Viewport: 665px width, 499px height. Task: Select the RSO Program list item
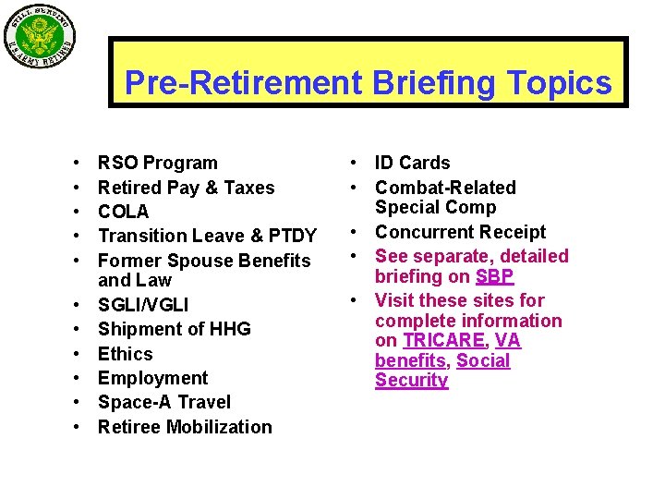pos(157,164)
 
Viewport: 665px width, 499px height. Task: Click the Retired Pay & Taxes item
pos(186,188)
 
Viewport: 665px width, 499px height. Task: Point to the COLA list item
pos(123,212)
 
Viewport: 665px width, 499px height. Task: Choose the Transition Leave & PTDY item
pos(207,236)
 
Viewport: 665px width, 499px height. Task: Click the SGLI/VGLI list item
pos(143,305)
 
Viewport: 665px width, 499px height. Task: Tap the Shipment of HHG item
pos(174,329)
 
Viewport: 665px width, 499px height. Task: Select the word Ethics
pos(125,354)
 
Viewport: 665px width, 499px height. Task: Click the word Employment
pos(152,378)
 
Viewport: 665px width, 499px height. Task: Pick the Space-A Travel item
pos(163,402)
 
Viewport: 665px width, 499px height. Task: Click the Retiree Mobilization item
pos(185,427)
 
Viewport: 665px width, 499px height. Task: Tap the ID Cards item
pos(412,164)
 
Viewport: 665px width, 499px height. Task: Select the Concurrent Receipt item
pos(460,232)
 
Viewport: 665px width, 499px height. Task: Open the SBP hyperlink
pos(494,276)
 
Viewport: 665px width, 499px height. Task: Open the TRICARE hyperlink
pos(441,341)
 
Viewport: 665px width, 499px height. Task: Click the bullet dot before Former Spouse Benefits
pos(74,261)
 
